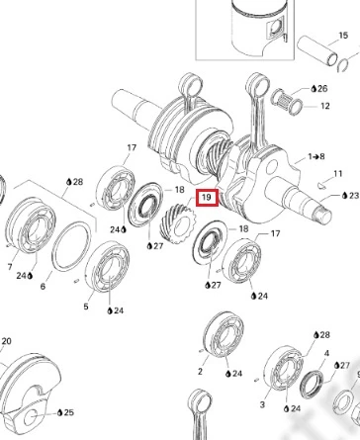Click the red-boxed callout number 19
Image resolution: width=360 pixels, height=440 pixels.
207,198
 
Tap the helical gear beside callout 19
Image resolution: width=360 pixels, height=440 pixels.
178,223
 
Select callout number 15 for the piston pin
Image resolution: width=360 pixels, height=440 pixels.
343,36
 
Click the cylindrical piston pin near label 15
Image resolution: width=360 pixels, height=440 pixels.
317,50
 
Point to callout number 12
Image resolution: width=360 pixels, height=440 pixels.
324,106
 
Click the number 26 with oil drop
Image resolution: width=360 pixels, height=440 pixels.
319,88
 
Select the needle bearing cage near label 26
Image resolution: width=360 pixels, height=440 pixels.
283,97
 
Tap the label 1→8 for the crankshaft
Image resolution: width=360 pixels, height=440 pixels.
316,156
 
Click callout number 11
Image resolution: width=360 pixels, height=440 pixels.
338,173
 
